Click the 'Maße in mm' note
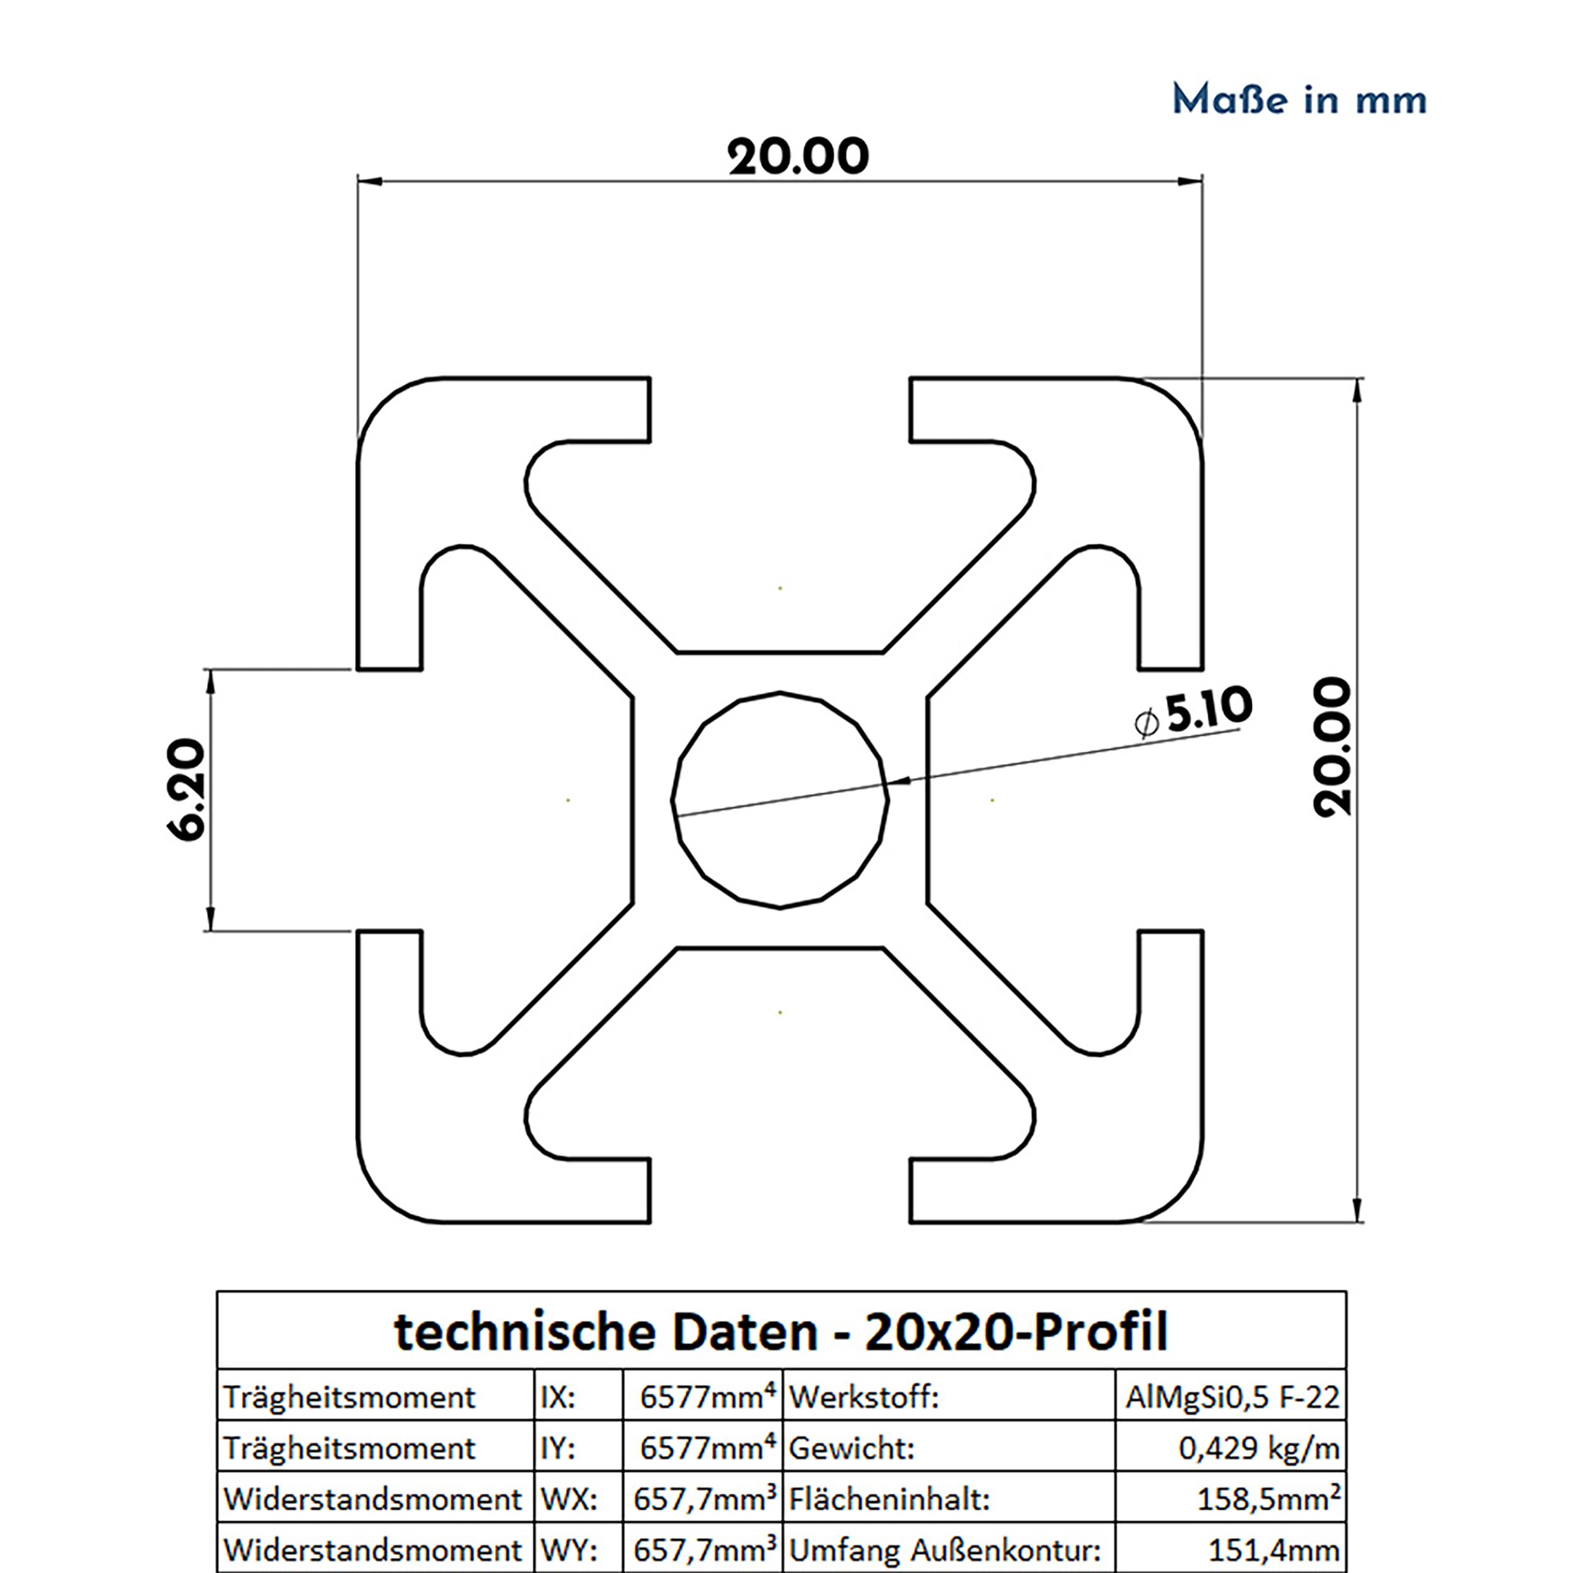(1299, 100)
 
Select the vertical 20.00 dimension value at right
(1333, 747)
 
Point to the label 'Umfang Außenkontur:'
(944, 1549)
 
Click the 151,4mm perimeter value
(1273, 1549)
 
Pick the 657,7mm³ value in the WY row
(703, 1549)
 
